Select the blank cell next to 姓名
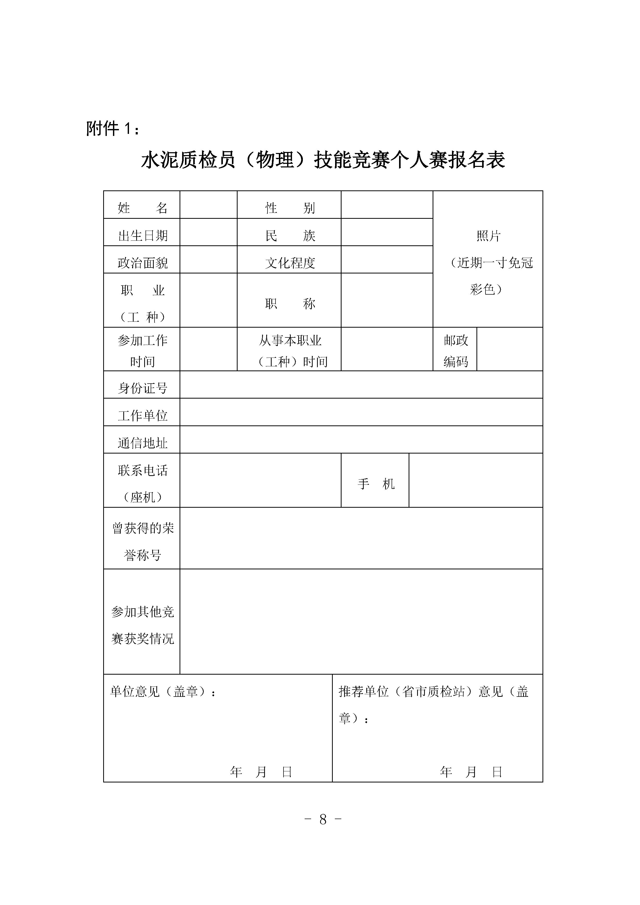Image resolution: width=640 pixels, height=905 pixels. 208,205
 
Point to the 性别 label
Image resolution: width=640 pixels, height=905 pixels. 290,207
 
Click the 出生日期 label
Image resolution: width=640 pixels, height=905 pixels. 142,235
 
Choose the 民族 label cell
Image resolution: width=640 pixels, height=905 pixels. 290,235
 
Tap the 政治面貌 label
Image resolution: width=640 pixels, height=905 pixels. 142,263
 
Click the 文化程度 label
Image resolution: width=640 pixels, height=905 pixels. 290,263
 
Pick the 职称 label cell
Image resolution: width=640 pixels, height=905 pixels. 290,303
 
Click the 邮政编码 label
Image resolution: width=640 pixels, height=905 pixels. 455,350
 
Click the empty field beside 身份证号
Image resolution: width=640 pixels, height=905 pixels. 361,385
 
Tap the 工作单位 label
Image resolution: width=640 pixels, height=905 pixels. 142,415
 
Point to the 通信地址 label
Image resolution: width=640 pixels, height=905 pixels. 142,443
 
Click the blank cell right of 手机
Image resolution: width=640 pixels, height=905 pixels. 476,480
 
